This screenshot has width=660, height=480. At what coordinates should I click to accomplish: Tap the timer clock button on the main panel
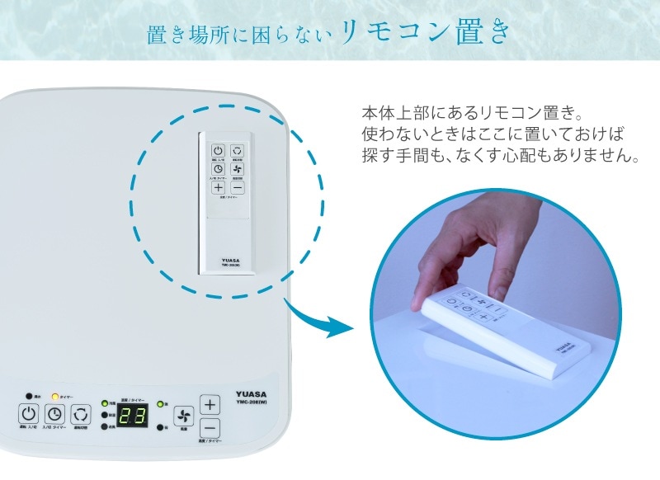(54, 415)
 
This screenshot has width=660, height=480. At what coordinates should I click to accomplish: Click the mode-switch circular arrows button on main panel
(81, 415)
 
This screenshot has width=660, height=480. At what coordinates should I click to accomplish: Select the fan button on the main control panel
(183, 416)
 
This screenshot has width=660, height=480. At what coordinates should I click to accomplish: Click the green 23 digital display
(131, 416)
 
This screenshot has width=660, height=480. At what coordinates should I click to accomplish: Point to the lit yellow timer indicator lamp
(55, 396)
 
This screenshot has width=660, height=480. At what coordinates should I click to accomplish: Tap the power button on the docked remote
(218, 151)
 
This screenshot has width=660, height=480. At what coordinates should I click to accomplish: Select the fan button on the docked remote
(238, 169)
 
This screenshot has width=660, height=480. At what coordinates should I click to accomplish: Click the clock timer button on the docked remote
(218, 169)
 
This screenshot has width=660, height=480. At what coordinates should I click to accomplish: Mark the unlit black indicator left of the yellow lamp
(29, 396)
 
